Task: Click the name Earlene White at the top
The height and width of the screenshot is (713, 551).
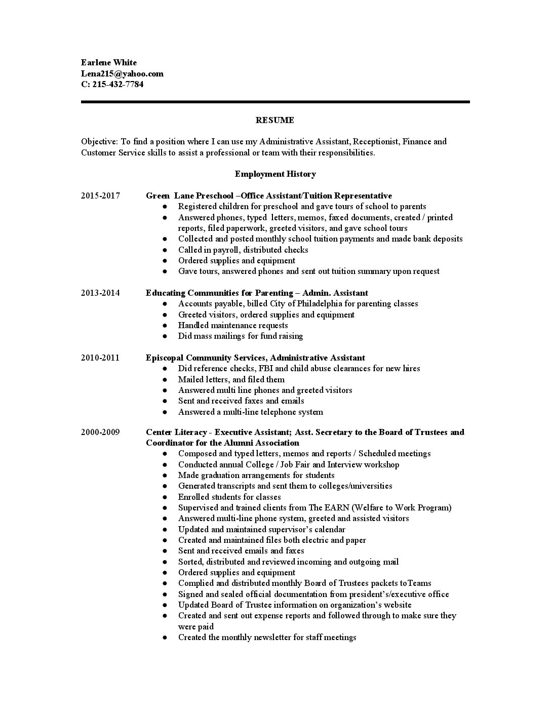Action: (108, 63)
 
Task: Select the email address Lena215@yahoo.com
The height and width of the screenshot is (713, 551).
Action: (122, 73)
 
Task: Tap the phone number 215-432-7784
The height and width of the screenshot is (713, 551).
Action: (117, 85)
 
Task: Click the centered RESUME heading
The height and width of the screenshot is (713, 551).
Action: (274, 120)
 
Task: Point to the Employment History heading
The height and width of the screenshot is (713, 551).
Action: (275, 174)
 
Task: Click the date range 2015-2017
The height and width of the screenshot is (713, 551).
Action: (100, 195)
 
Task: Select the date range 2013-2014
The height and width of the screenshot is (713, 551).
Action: (100, 293)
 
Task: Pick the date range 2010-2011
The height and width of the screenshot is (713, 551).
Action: (100, 358)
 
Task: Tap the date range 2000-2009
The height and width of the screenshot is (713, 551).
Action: (100, 432)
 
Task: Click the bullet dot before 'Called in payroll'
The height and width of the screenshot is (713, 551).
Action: (165, 250)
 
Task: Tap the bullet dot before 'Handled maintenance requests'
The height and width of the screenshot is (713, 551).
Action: (165, 326)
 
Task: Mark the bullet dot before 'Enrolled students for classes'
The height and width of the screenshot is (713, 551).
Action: (165, 497)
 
